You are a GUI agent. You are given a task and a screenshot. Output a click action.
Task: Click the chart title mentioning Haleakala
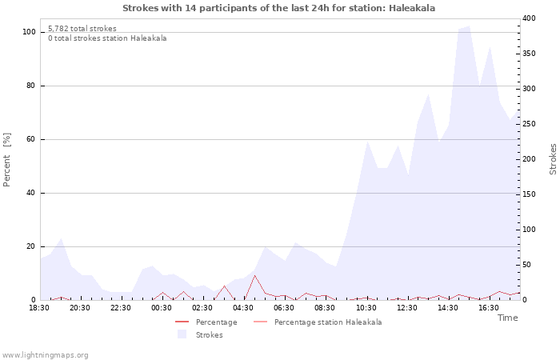pos(279,7)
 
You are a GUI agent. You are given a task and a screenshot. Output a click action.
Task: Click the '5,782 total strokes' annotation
pos(82,29)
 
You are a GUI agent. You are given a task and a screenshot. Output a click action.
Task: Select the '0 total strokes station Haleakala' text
pos(107,38)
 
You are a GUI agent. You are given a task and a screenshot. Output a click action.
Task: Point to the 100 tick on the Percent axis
pos(29,32)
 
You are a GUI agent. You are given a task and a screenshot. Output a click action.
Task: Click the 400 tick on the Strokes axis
pos(529,18)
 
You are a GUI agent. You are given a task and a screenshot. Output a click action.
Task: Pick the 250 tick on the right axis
pos(529,124)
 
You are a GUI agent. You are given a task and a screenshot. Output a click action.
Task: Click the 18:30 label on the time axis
pos(39,307)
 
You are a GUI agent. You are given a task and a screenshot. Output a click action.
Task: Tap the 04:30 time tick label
pos(243,307)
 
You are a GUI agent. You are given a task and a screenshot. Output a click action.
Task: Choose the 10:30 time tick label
pos(366,307)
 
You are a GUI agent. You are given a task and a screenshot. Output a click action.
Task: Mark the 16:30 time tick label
pos(488,307)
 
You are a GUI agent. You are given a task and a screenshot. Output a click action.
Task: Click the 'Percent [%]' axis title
pos(7,160)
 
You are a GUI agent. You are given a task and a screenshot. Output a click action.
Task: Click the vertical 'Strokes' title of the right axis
pos(553,159)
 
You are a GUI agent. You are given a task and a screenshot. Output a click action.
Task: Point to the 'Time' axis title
pos(507,318)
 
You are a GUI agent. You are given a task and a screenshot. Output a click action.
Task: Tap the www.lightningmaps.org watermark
pos(45,355)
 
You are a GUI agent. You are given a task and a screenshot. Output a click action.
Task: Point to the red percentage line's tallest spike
pos(255,275)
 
